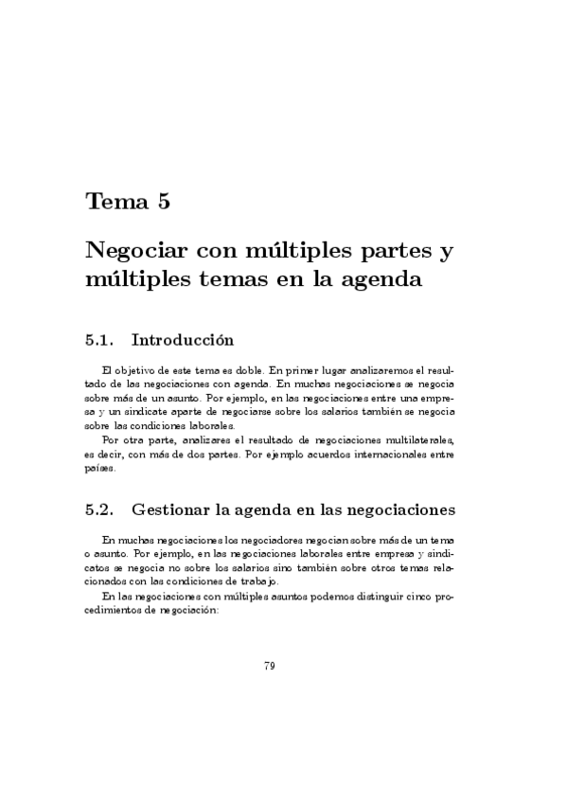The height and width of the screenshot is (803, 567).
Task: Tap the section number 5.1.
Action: [99, 339]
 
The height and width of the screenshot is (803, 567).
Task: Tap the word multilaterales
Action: [418, 439]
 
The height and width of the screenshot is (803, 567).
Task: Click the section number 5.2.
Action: [99, 509]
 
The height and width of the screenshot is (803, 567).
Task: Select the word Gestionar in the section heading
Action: [172, 509]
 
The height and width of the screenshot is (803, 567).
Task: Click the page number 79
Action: [270, 667]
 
